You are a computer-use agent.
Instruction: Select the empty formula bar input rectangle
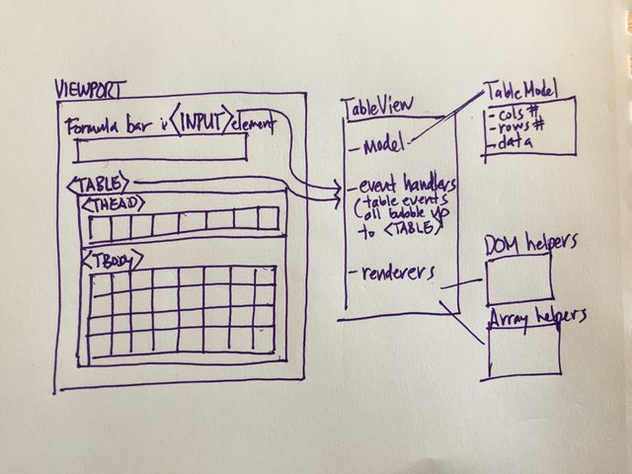[160, 149]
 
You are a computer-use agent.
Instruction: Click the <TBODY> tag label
[113, 261]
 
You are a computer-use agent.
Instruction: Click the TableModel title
[520, 92]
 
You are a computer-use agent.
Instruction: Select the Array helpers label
[538, 316]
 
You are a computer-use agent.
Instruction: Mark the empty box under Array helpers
[522, 350]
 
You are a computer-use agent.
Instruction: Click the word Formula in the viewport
[89, 126]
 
